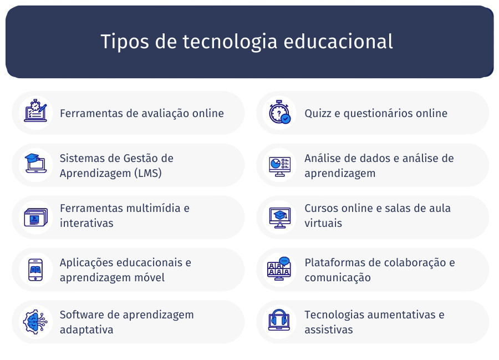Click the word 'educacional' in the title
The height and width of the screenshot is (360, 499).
pyautogui.click(x=338, y=42)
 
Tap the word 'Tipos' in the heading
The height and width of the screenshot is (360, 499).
pyautogui.click(x=125, y=42)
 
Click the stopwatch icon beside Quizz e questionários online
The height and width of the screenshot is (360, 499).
pyautogui.click(x=279, y=112)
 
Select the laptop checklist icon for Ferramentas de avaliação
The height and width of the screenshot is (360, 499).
pyautogui.click(x=35, y=111)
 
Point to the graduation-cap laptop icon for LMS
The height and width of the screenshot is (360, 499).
pyautogui.click(x=35, y=163)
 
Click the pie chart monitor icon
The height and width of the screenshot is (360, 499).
pyautogui.click(x=279, y=166)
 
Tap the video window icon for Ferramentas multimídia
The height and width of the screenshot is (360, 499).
pyautogui.click(x=35, y=217)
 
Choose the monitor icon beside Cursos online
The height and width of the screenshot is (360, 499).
pyautogui.click(x=279, y=217)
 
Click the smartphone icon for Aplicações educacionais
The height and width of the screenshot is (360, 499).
pyautogui.click(x=35, y=270)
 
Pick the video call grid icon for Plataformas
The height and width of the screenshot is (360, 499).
pyautogui.click(x=279, y=268)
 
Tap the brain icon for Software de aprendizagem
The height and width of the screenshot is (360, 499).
pyautogui.click(x=35, y=322)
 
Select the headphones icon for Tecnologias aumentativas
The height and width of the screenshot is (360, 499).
pyautogui.click(x=279, y=320)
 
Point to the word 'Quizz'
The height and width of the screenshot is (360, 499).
pyautogui.click(x=318, y=113)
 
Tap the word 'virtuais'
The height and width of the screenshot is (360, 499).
pyautogui.click(x=323, y=223)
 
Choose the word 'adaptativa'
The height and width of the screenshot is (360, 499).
pyautogui.click(x=86, y=329)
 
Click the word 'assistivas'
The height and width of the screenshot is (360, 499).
pyautogui.click(x=328, y=329)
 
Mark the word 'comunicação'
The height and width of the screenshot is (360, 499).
pyautogui.click(x=337, y=277)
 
